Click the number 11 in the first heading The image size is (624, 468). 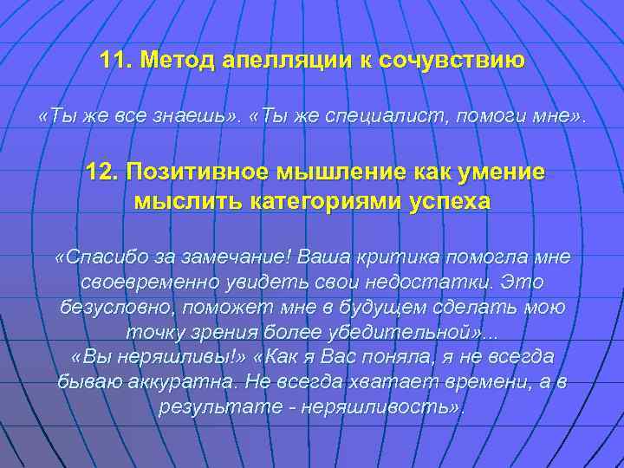(x=114, y=61)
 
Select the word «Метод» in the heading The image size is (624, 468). (x=179, y=61)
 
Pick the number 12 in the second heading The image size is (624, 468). (x=101, y=171)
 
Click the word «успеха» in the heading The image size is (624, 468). (x=449, y=201)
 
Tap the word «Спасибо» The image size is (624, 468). (x=104, y=257)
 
